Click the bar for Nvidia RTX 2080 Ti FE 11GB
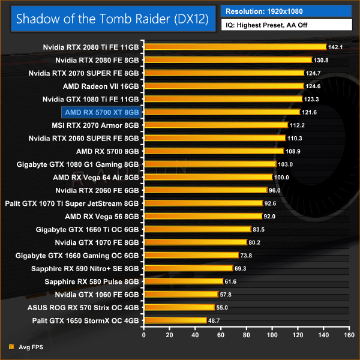pos(234,47)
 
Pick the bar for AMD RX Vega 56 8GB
pos(202,216)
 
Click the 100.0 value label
pos(281,177)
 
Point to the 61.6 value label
pos(232,281)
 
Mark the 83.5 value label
pos(259,229)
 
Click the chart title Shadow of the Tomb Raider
pos(112,18)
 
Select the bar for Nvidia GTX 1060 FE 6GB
pos(181,294)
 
